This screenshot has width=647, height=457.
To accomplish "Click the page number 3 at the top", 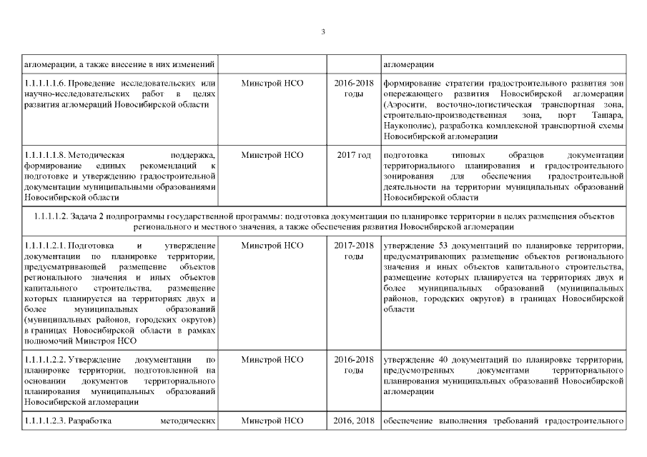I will click(x=323, y=31).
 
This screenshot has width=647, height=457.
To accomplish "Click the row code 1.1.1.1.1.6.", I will click(x=46, y=84).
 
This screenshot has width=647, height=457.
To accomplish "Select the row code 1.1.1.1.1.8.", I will click(x=46, y=154).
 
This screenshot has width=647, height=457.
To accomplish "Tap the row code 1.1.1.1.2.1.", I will click(x=46, y=246).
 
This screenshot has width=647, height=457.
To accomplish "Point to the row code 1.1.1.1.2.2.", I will click(x=46, y=358).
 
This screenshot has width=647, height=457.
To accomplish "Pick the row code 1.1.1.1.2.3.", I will click(x=46, y=419).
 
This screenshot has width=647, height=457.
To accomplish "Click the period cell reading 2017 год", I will click(x=354, y=154).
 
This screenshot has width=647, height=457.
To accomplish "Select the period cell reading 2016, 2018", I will click(x=354, y=419).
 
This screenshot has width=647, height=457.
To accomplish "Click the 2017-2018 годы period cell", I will click(x=354, y=251).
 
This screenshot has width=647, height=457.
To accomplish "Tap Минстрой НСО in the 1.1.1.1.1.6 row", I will click(x=272, y=84).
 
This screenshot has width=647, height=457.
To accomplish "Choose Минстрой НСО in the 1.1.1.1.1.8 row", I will click(x=272, y=154).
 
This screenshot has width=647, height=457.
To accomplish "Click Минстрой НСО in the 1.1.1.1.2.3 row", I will click(x=272, y=419).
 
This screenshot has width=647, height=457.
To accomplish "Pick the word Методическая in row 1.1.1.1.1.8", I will click(x=101, y=154).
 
